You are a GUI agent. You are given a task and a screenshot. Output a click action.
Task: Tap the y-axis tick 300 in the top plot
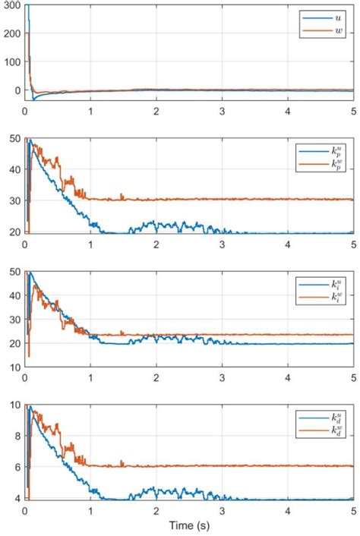coord(11,6)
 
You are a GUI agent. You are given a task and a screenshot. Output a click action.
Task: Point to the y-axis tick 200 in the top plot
coord(11,34)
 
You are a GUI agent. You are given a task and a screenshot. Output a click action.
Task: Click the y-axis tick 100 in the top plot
coord(11,62)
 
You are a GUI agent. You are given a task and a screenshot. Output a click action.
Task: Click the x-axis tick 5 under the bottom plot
coord(353,510)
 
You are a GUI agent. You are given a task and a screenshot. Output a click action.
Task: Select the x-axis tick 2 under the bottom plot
coord(156,510)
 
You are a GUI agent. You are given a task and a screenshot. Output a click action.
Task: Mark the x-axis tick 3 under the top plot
coord(222,111)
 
